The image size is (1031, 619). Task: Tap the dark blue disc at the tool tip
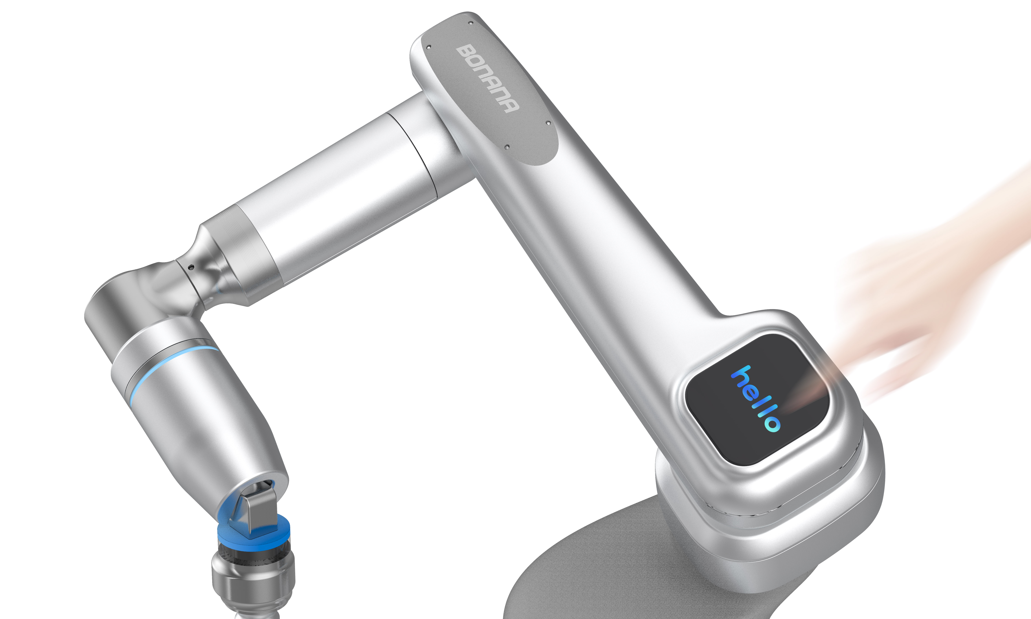coord(254,536)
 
